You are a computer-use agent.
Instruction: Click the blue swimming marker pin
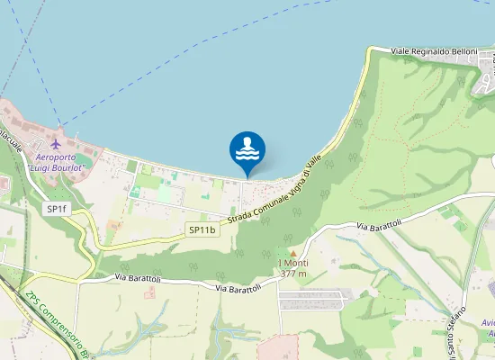[247, 150]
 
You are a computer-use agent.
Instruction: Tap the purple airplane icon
[56, 144]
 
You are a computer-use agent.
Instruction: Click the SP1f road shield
[57, 209]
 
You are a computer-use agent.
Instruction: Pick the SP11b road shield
[202, 229]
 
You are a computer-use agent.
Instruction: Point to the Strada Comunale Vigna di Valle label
[274, 202]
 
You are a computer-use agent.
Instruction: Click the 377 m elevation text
[293, 274]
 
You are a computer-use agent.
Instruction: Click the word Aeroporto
[56, 157]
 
